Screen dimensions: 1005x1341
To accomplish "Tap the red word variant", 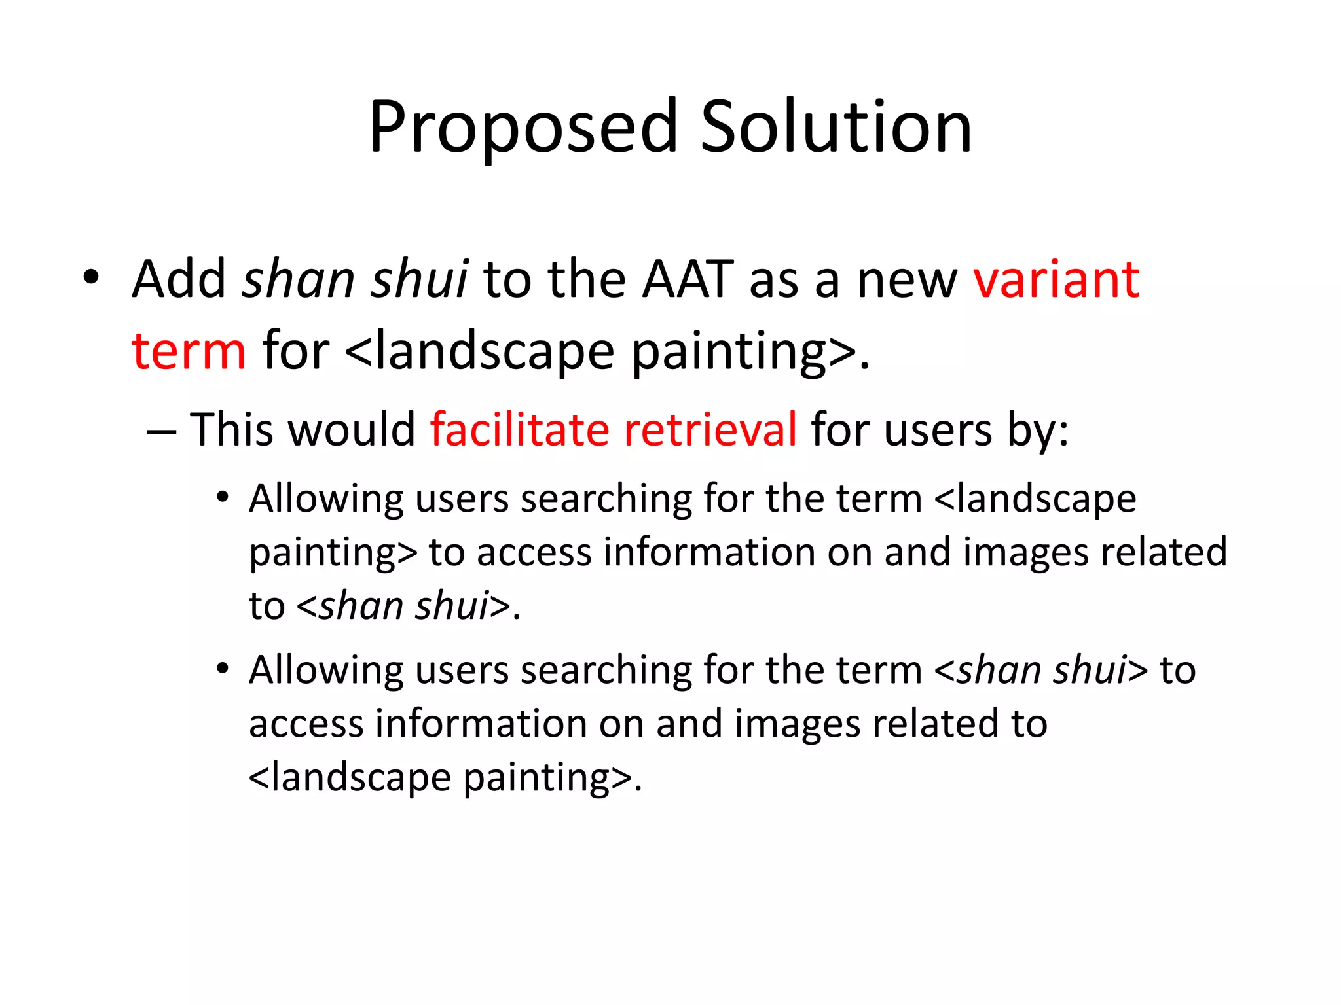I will click(1056, 279).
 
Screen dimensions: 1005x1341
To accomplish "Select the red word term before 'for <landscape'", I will click(189, 351).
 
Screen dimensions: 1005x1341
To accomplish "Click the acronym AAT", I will click(687, 279).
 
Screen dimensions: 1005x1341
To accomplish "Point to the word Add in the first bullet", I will click(178, 279).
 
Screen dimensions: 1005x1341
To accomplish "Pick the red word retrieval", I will click(710, 430).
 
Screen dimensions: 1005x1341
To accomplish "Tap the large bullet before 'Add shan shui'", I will click(91, 277).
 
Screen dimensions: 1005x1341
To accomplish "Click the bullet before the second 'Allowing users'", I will click(223, 669).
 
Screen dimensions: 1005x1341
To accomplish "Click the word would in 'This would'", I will click(352, 430).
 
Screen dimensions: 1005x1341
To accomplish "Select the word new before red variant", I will click(907, 279).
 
